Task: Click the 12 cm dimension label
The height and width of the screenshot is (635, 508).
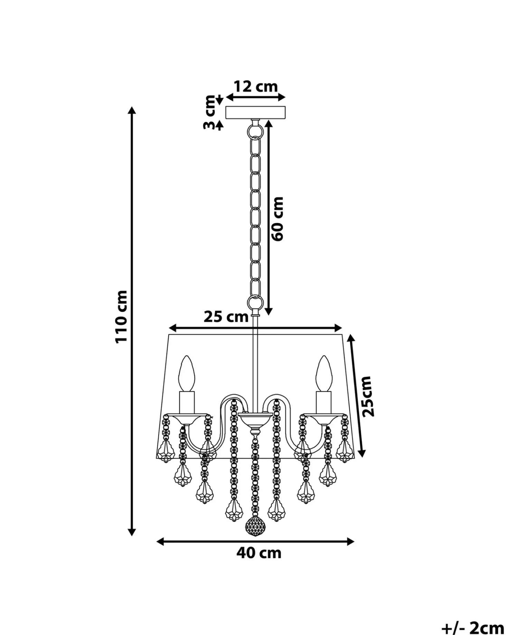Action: click(x=255, y=87)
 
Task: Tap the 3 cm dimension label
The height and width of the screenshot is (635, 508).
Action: click(x=209, y=113)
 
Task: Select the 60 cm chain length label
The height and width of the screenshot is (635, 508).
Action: click(x=277, y=219)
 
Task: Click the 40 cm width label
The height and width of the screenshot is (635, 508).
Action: click(x=259, y=553)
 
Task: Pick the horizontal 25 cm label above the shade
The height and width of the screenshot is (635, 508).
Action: click(x=226, y=317)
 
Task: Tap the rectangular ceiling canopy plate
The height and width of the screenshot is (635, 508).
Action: click(x=255, y=112)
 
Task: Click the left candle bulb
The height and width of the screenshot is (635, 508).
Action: click(x=187, y=374)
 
